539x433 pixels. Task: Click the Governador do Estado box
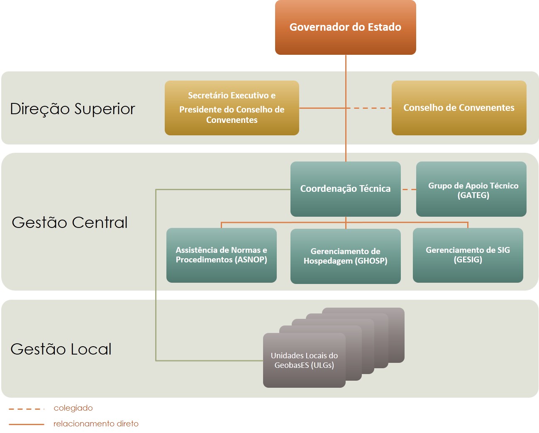tap(345, 27)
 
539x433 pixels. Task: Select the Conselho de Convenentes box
tap(459, 108)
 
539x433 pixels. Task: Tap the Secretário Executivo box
tap(232, 108)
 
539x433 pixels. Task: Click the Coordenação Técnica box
tap(345, 189)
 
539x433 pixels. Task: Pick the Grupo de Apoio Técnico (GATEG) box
tap(471, 189)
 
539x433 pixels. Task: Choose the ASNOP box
tap(222, 255)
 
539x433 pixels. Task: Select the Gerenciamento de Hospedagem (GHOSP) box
tap(345, 256)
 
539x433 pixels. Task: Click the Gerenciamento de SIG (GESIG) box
tap(468, 255)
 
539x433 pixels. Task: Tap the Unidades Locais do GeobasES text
tap(304, 360)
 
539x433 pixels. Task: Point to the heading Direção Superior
tap(72, 109)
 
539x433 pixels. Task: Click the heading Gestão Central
tap(70, 222)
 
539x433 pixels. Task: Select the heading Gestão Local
tap(61, 349)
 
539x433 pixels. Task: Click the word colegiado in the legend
tap(73, 408)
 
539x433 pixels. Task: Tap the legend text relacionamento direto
tap(96, 424)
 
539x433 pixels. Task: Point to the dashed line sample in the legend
tap(27, 409)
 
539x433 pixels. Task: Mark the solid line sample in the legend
tap(27, 424)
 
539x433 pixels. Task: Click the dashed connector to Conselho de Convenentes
tap(369, 108)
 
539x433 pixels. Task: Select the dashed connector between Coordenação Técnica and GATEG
tap(409, 189)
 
